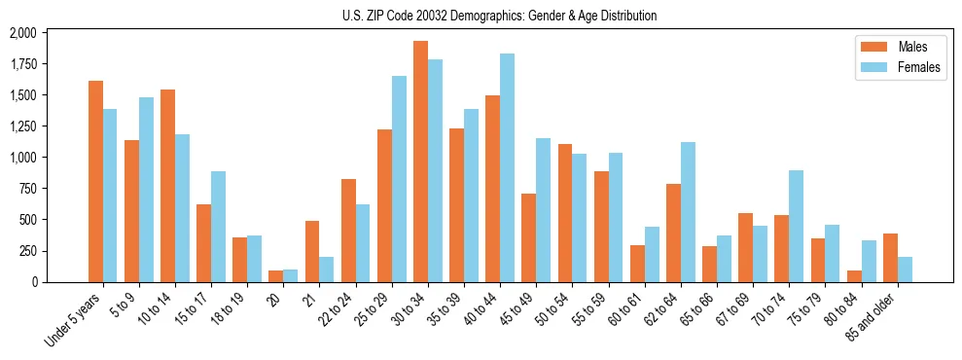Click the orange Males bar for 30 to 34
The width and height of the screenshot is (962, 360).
420,162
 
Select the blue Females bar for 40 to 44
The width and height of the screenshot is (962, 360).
508,167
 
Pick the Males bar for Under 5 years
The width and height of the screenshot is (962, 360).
95,181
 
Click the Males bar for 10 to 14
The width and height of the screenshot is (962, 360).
167,186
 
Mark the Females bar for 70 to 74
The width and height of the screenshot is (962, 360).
797,226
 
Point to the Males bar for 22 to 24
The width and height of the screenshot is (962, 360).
348,231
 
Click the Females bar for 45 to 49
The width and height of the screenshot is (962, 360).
544,210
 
